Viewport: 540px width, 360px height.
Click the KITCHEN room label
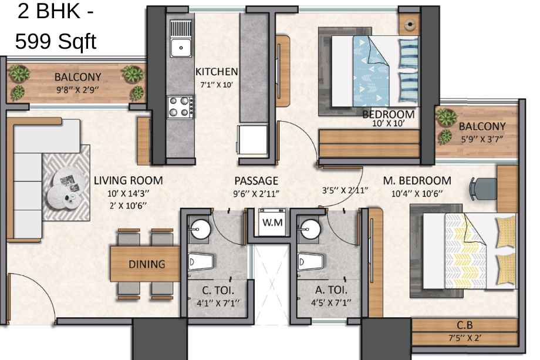point(217,72)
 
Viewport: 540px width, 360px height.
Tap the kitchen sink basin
point(181,47)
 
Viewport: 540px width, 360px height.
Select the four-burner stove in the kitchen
point(180,107)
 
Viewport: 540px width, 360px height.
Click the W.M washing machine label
point(272,222)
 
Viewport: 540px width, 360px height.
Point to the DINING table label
point(147,264)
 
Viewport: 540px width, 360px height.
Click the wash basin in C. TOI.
point(200,229)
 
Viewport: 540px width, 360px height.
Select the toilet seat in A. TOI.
point(310,262)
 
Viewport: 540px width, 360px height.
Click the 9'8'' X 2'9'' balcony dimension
point(78,90)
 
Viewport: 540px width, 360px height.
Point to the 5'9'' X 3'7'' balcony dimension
point(482,139)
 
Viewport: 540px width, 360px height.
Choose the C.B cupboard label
point(465,325)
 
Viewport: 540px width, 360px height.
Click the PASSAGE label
point(256,181)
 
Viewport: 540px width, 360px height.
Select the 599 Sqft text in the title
point(56,42)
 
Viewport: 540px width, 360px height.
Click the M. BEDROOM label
point(417,180)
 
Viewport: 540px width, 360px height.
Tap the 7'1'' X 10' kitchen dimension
point(217,85)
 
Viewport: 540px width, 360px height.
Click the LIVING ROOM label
point(128,180)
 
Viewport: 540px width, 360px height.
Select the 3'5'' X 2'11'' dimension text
point(345,190)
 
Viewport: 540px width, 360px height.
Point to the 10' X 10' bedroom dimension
point(389,123)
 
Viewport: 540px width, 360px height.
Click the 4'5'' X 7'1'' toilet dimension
point(331,303)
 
